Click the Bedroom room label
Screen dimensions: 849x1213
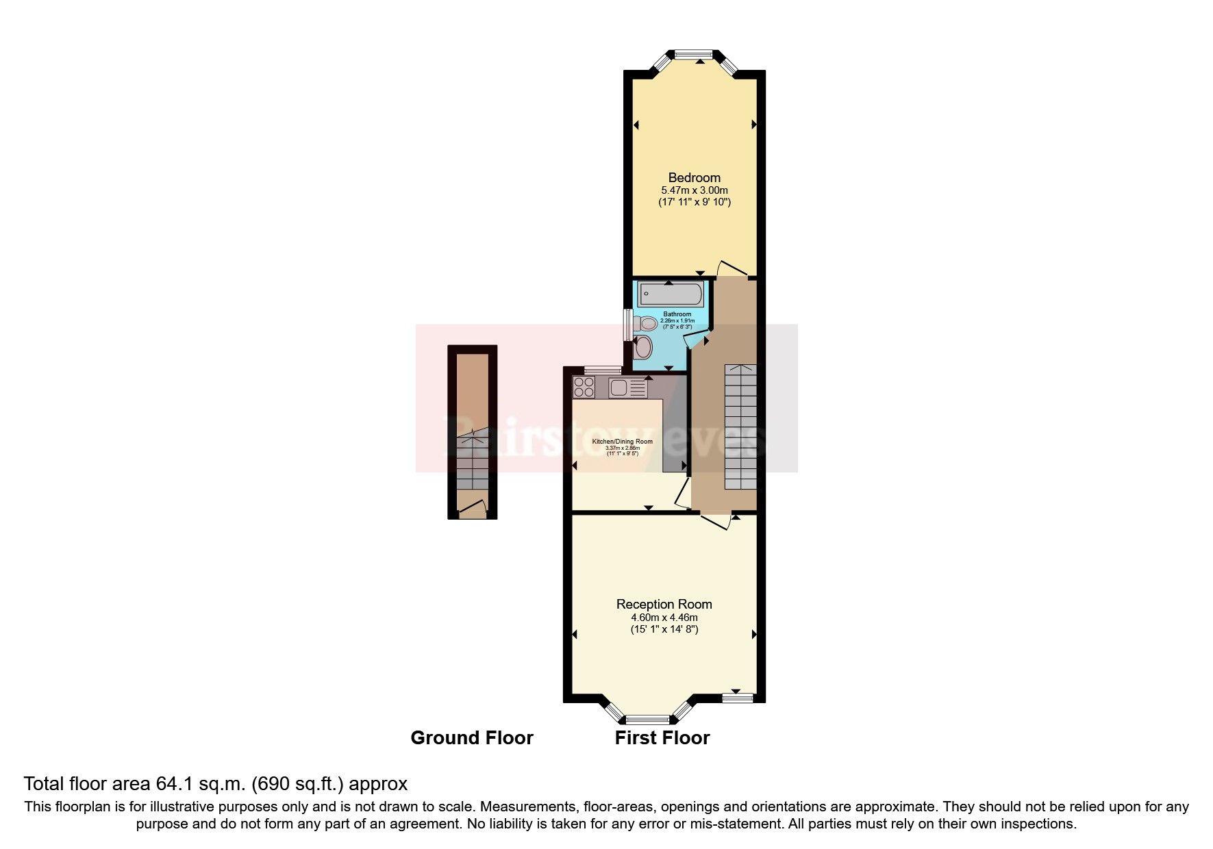click(694, 178)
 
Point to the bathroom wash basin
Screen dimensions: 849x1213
click(643, 348)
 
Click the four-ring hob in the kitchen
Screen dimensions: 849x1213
click(584, 388)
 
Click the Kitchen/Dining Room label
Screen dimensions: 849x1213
click(622, 442)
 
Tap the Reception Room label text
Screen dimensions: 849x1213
click(664, 604)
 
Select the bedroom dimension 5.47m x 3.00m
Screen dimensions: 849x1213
click(694, 190)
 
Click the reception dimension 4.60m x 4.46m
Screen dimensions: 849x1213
click(664, 617)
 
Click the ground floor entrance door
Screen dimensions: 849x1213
click(473, 507)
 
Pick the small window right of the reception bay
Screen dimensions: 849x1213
click(738, 698)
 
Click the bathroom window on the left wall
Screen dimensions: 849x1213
click(627, 325)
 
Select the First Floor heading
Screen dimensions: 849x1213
click(662, 738)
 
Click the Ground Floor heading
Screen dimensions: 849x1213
click(471, 738)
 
